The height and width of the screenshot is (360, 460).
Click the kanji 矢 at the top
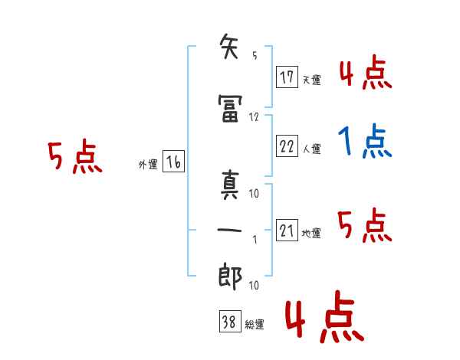(229, 46)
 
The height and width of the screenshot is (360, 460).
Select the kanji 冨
(230, 108)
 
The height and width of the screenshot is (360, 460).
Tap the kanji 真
(230, 185)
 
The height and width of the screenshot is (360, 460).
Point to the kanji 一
(229, 230)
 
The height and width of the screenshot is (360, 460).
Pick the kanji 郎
(230, 276)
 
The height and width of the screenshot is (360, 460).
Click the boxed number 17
(287, 77)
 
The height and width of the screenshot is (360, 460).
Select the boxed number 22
(287, 146)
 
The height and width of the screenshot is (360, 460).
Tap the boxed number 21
(287, 230)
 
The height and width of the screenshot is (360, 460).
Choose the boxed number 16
(173, 162)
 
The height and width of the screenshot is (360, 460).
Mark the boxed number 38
(230, 321)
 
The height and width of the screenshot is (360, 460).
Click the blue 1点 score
(365, 141)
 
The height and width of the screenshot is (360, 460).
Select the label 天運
(311, 80)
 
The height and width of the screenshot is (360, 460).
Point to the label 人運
(311, 149)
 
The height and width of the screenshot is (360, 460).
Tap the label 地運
(311, 233)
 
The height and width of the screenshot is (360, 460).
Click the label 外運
(148, 164)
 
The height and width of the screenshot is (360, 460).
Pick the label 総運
(255, 324)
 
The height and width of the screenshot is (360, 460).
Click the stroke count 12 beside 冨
(254, 117)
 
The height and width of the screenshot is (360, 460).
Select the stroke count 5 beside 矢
(255, 55)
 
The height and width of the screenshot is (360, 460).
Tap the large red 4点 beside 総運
(324, 316)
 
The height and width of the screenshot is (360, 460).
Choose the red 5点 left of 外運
(75, 156)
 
